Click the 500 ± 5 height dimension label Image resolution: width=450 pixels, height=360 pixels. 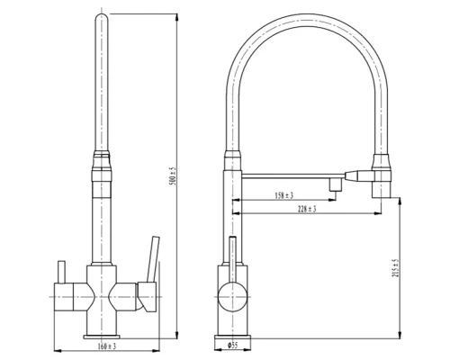click(x=171, y=174)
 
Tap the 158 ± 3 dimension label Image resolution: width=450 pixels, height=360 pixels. click(x=283, y=195)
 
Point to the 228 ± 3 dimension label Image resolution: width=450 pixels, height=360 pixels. click(x=306, y=209)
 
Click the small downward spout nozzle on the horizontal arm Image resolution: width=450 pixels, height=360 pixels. click(x=333, y=185)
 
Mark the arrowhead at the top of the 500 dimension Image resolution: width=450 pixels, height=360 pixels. click(x=172, y=15)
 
